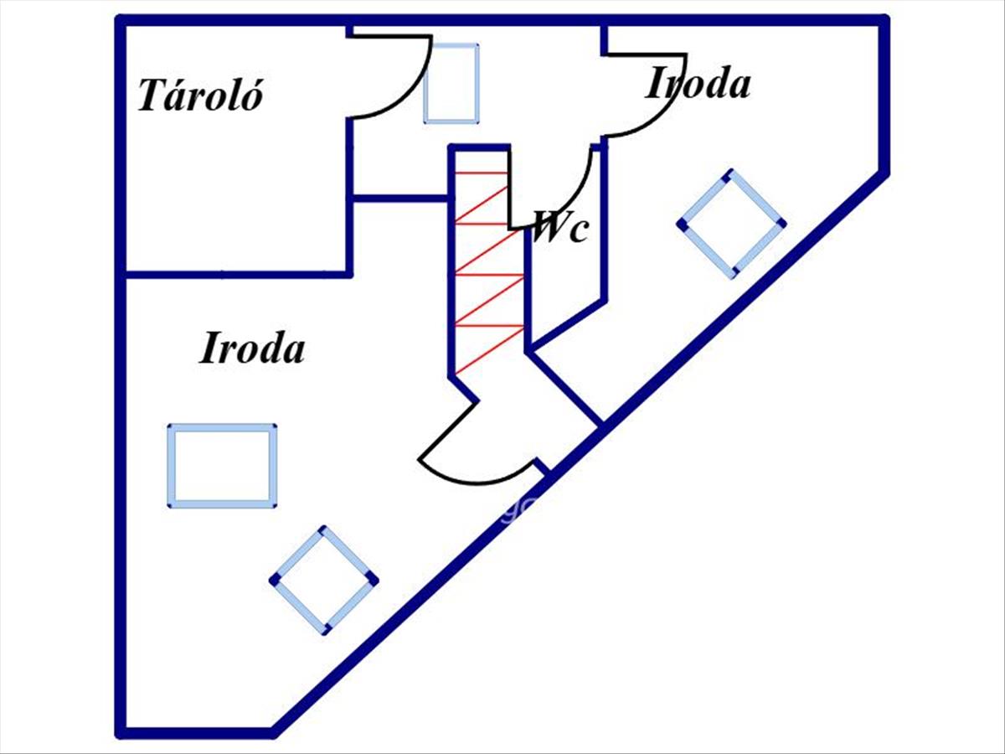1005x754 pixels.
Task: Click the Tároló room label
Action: pyautogui.click(x=200, y=96)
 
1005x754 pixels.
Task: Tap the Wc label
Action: pyautogui.click(x=560, y=225)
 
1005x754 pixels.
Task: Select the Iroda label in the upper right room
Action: pyautogui.click(x=697, y=83)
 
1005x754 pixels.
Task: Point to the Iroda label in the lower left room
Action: pyautogui.click(x=252, y=348)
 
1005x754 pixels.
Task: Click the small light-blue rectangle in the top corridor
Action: pyautogui.click(x=451, y=84)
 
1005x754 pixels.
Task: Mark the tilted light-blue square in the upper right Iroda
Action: pyautogui.click(x=731, y=224)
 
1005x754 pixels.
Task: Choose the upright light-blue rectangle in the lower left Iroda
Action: pyautogui.click(x=222, y=466)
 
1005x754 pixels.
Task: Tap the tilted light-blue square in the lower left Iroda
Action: pyautogui.click(x=324, y=580)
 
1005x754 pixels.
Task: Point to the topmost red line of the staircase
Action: pyautogui.click(x=481, y=173)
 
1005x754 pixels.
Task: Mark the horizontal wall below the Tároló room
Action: pyautogui.click(x=234, y=275)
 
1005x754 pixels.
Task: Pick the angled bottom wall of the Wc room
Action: pyautogui.click(x=566, y=323)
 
